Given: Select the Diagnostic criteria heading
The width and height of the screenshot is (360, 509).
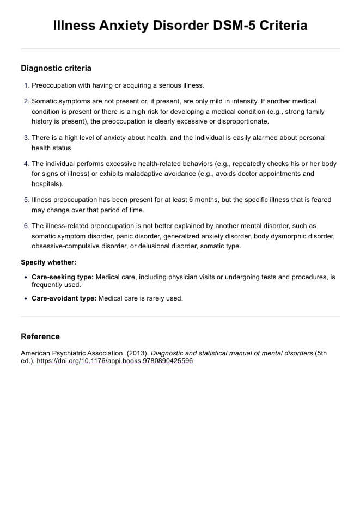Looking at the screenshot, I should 56,68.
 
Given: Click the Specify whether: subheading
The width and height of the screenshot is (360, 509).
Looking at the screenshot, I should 48,262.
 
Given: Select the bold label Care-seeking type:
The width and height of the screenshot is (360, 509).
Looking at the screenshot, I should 63,277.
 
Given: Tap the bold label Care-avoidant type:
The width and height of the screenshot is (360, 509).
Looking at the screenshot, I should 64,298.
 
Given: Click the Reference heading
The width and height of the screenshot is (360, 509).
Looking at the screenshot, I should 40,336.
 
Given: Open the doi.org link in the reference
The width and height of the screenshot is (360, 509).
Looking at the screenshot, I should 114,361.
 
